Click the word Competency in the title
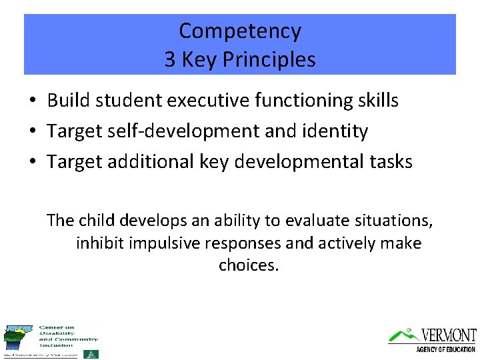click(x=240, y=31)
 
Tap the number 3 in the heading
click(x=171, y=59)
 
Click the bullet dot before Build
click(x=32, y=101)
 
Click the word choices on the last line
click(x=248, y=265)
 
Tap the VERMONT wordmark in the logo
click(x=448, y=335)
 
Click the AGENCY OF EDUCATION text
click(x=445, y=349)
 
